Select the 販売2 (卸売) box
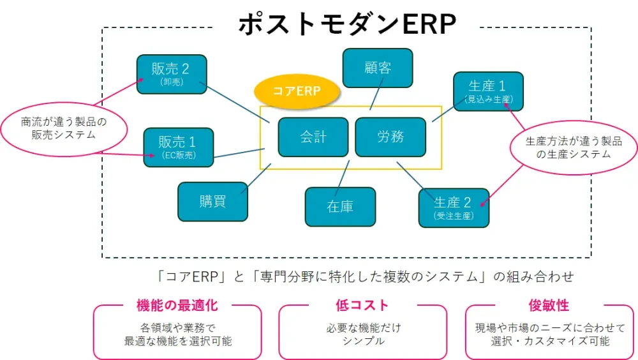(x=170, y=74)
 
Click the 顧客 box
(x=377, y=68)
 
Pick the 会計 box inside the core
(x=313, y=137)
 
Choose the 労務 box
(x=390, y=137)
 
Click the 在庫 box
(x=340, y=206)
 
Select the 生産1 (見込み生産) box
(x=488, y=91)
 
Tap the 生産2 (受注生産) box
(x=453, y=207)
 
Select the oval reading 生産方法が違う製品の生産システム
(x=573, y=147)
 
